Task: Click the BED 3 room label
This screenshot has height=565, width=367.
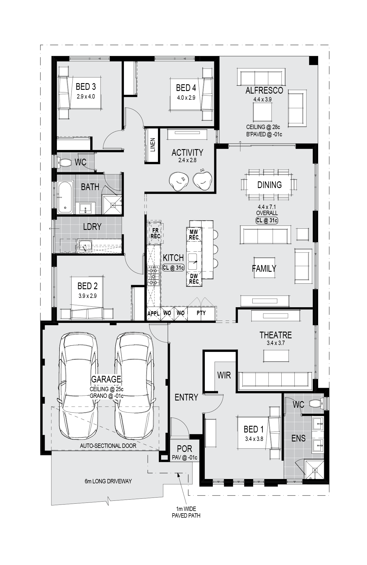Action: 86,87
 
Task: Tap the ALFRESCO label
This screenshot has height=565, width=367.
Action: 264,90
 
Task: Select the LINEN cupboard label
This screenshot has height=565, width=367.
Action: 153,145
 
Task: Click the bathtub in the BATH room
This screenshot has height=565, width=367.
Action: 65,197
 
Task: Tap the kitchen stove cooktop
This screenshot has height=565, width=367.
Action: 153,276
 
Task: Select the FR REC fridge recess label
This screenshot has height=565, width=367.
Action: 155,234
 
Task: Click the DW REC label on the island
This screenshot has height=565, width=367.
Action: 194,279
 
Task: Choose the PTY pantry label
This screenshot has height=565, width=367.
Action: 201,313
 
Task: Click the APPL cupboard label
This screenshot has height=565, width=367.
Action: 153,314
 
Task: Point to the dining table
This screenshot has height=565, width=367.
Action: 269,185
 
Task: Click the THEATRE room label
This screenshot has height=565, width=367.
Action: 276,335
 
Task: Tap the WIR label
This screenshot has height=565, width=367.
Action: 224,375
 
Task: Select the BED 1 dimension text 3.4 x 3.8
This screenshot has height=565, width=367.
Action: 254,439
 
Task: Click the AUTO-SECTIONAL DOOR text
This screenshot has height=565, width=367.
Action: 108,446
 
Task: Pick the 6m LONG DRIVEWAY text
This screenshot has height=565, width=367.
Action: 108,481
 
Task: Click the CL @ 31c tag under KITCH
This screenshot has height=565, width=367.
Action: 173,268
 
